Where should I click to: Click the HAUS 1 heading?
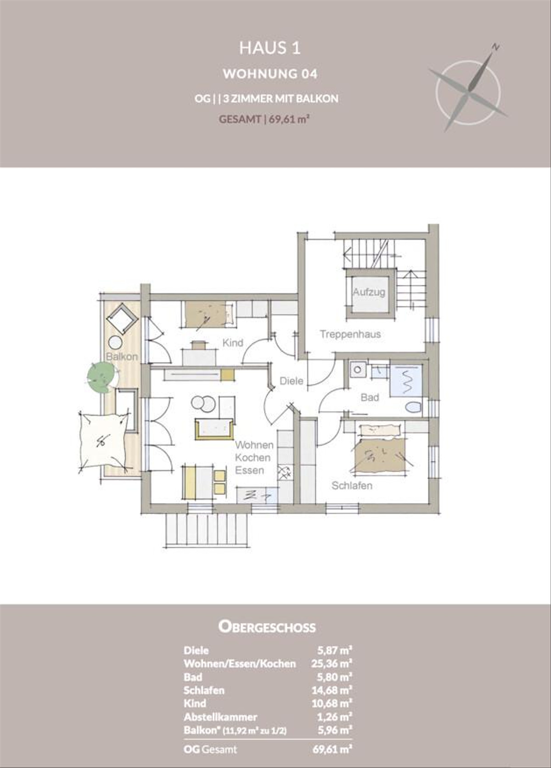pyautogui.click(x=270, y=48)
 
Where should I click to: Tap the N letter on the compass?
pyautogui.click(x=495, y=47)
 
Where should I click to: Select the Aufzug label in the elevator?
pyautogui.click(x=369, y=292)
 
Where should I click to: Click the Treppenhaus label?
pyautogui.click(x=350, y=334)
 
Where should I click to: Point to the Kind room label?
pyautogui.click(x=232, y=343)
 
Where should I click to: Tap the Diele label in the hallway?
pyautogui.click(x=292, y=381)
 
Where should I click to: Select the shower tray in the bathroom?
pyautogui.click(x=406, y=381)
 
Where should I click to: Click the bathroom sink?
pyautogui.click(x=358, y=370)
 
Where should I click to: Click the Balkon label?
pyautogui.click(x=122, y=357)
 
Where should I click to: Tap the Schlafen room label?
pyautogui.click(x=352, y=486)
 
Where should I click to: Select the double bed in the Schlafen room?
pyautogui.click(x=380, y=454)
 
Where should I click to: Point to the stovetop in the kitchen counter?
pyautogui.click(x=284, y=473)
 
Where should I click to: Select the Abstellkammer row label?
pyautogui.click(x=220, y=717)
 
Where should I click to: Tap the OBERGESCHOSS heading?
pyautogui.click(x=267, y=627)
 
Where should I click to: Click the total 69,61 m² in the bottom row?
pyautogui.click(x=332, y=749)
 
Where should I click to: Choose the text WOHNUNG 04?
pyautogui.click(x=270, y=74)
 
